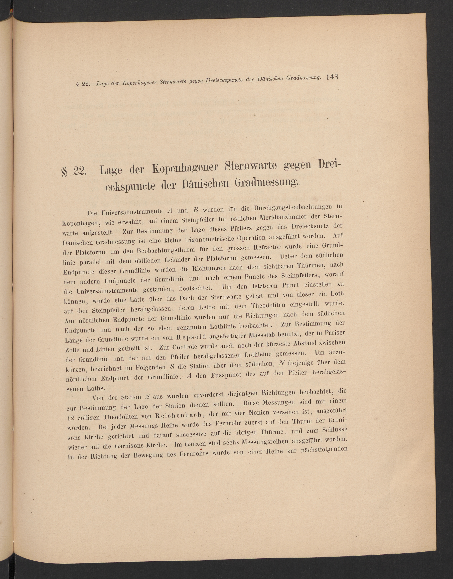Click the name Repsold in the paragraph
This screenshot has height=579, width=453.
(191, 338)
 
